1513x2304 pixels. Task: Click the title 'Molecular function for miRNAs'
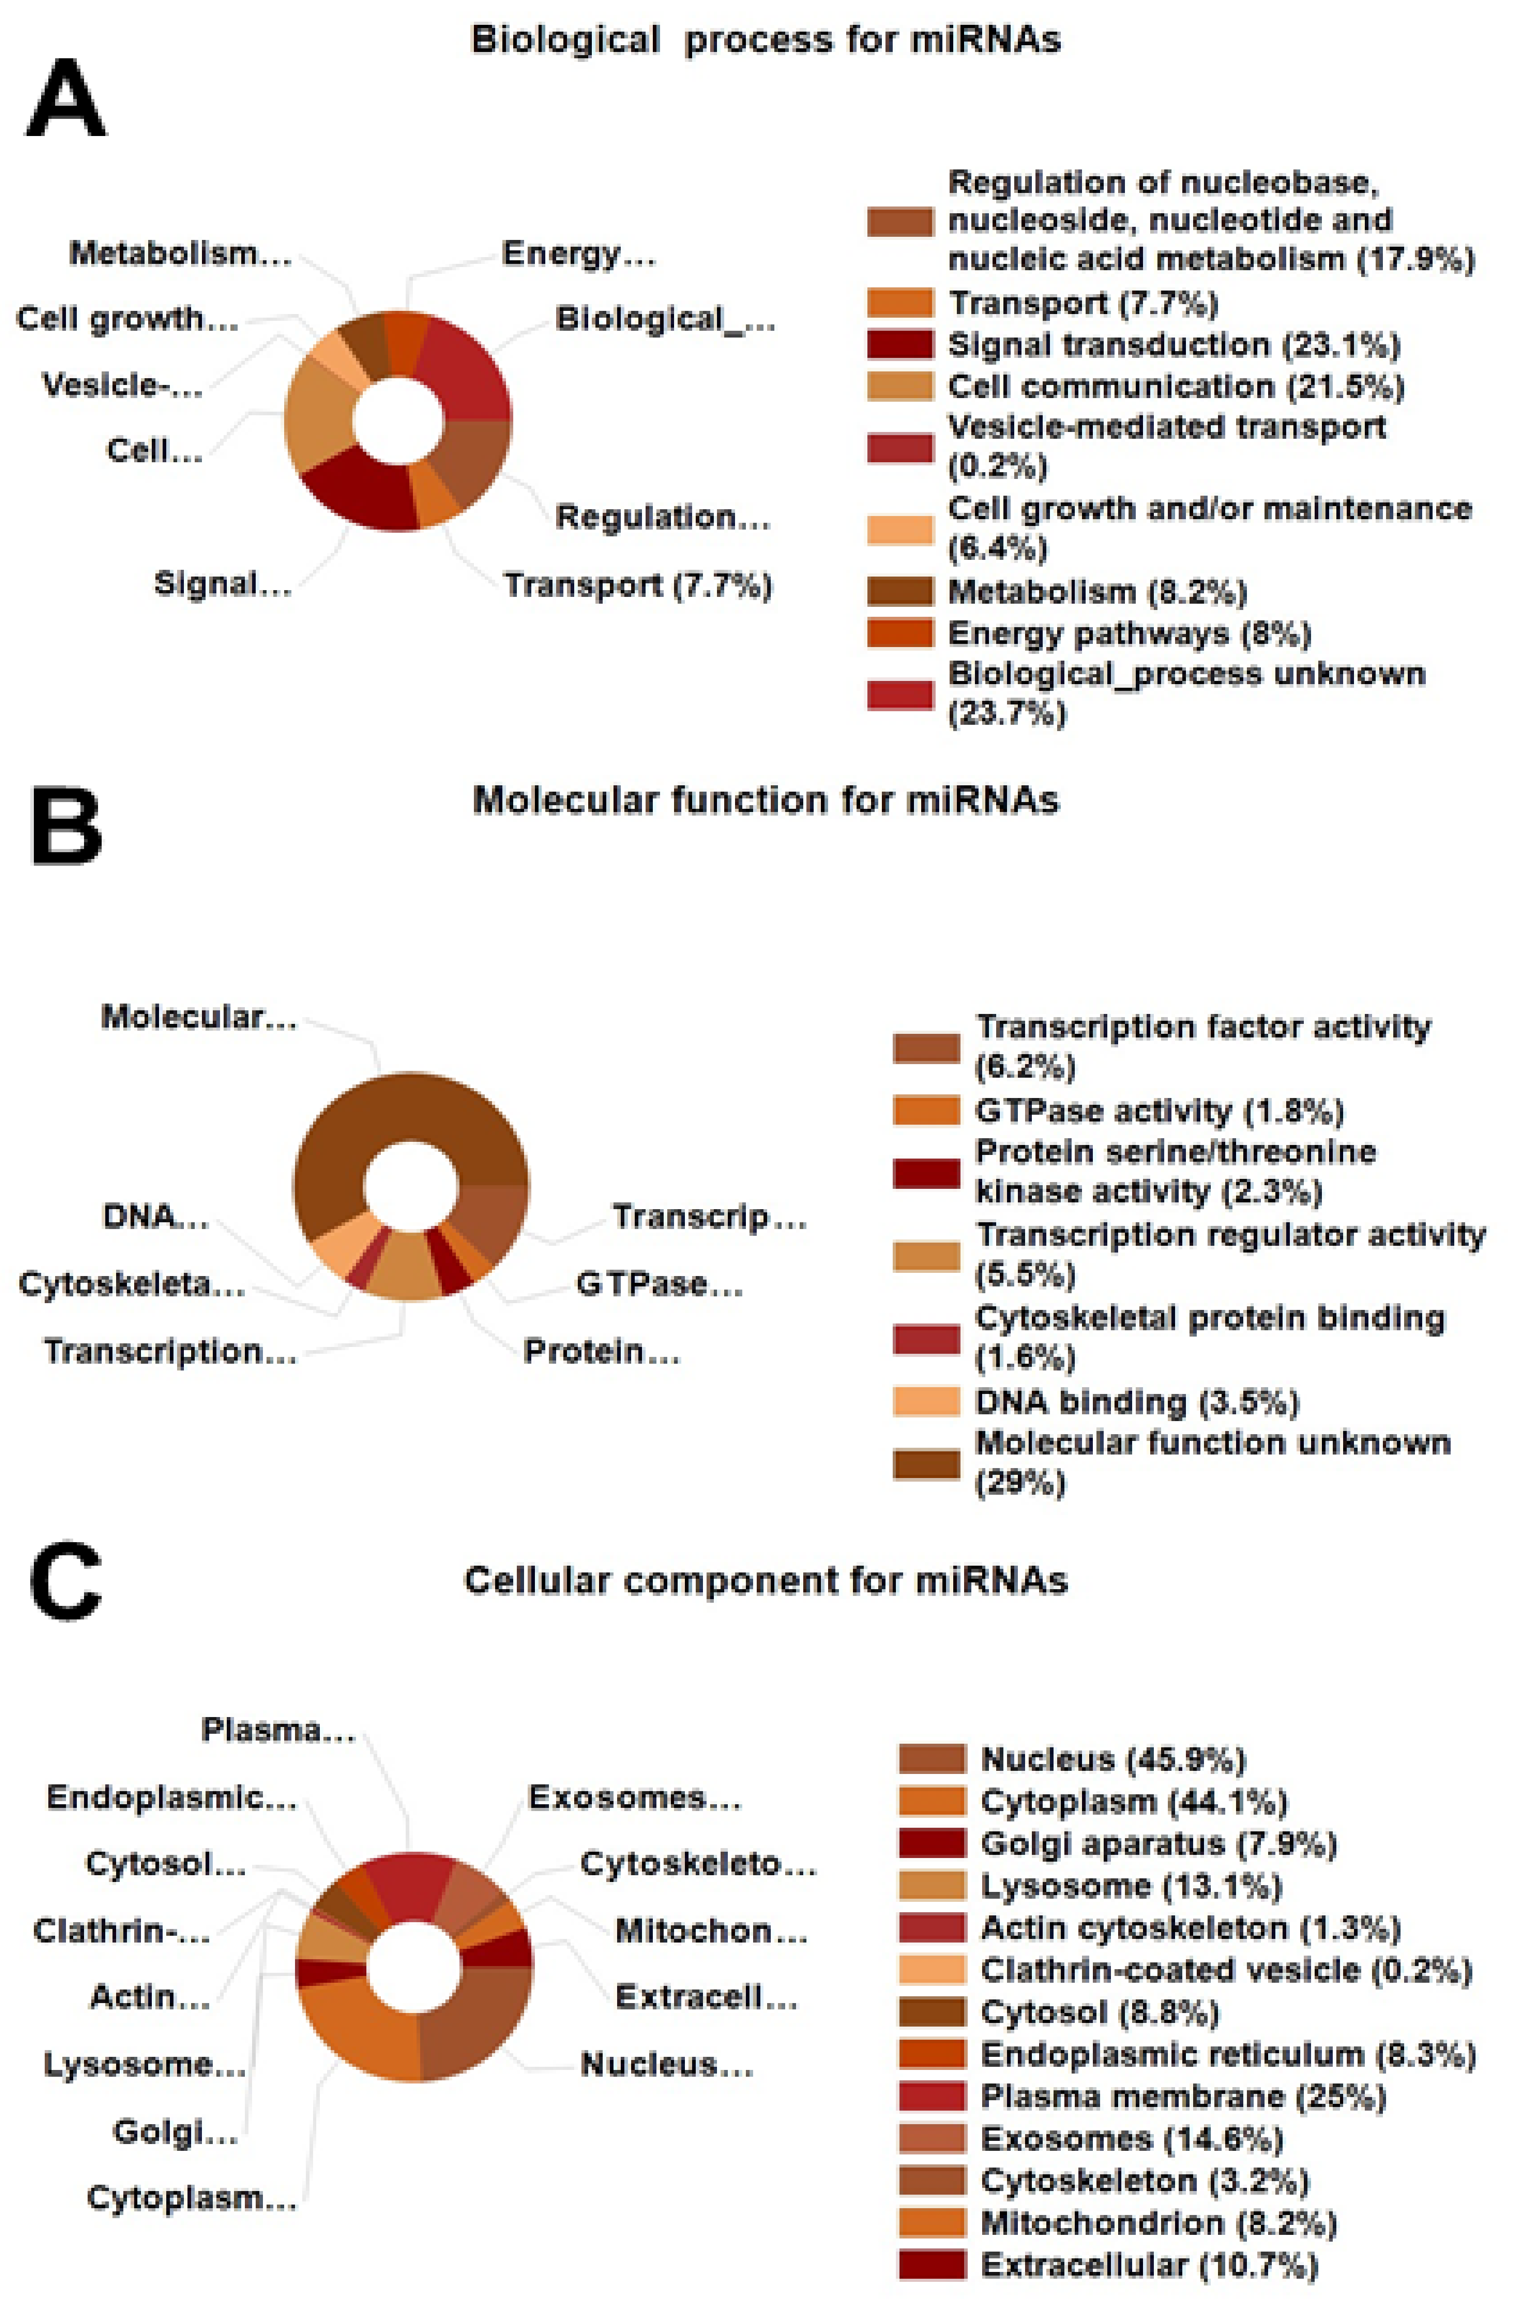pos(765,801)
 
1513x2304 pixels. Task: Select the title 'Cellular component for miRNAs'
pos(765,1580)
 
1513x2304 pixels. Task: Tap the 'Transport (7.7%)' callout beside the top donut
pos(637,586)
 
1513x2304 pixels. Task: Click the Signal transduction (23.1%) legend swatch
pos(899,345)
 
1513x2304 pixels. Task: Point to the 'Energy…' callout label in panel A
pos(578,253)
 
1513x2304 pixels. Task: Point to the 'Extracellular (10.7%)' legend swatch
pos(931,2264)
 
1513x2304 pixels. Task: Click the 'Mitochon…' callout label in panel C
pos(711,1931)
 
